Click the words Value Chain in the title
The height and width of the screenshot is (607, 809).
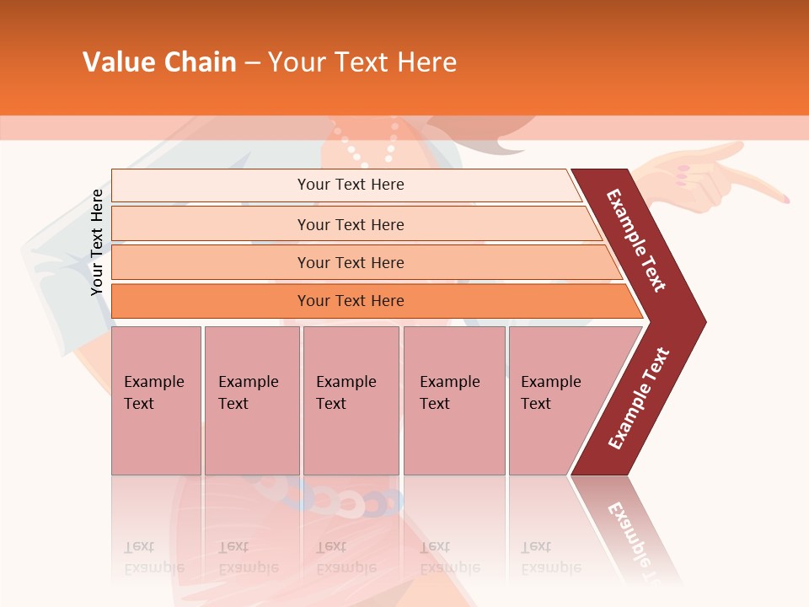158,62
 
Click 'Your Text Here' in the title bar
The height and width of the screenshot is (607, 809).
362,62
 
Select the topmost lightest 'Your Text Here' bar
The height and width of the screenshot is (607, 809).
351,185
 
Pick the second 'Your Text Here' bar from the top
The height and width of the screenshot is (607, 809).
351,224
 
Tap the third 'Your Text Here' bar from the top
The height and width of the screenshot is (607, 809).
351,262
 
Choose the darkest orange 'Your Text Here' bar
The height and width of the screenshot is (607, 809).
351,301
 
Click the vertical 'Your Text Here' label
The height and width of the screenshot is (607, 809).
97,242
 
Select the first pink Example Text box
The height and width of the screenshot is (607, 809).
156,400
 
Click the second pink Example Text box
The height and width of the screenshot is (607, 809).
251,400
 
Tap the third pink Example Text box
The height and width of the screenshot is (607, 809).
351,400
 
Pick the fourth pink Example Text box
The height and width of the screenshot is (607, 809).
453,400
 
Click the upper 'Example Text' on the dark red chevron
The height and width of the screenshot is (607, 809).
636,240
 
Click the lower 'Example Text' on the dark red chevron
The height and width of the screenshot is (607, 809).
639,399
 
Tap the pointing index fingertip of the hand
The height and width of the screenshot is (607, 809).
785,199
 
